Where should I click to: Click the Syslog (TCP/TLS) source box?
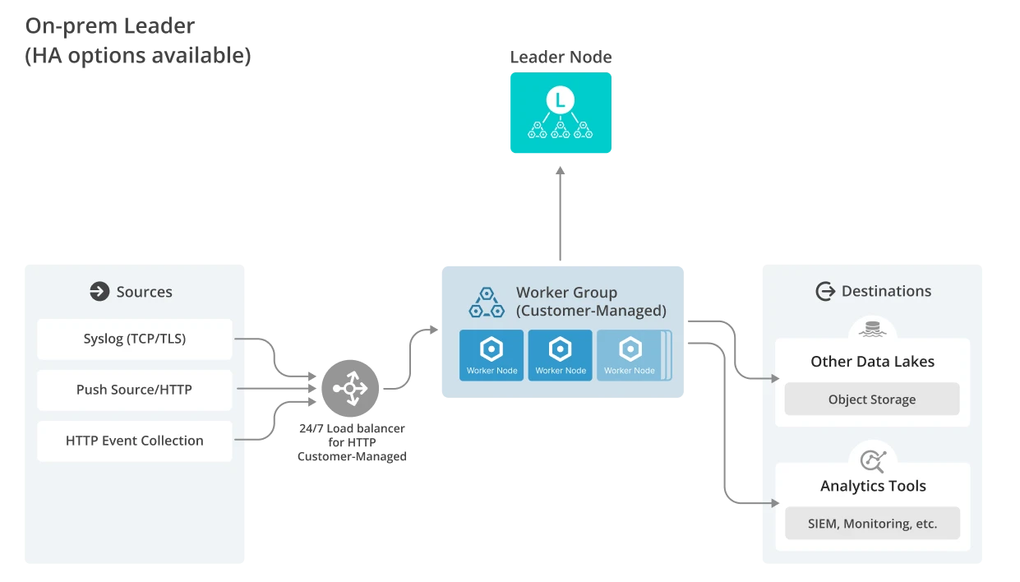pos(135,339)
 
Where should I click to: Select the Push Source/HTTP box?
pos(135,390)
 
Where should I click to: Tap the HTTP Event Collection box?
pos(135,441)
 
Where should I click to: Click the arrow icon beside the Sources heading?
pos(99,292)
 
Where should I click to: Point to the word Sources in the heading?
pos(145,292)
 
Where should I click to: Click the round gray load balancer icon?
pos(351,387)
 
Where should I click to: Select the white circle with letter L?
pos(560,101)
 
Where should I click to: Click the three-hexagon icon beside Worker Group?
pos(487,302)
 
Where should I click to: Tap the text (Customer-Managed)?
pos(591,311)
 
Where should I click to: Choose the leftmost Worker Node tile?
pos(492,355)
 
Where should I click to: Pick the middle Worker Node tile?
pos(561,355)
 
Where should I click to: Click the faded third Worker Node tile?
pos(630,355)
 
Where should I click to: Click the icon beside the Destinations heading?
pos(824,291)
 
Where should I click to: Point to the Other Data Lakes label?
pos(872,362)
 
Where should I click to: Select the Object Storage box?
pos(872,400)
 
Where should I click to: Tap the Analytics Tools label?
pos(873,486)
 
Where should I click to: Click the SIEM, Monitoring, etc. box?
pos(872,524)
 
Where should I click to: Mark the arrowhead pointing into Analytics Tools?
pos(773,502)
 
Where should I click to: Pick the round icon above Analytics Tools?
pos(872,460)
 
